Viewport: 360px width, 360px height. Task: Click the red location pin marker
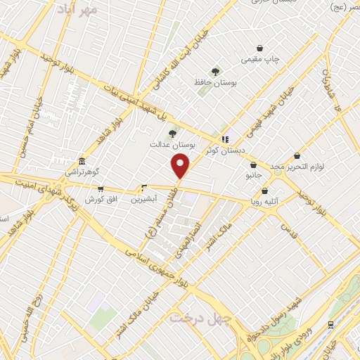181,166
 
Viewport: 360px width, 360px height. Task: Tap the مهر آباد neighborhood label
78,9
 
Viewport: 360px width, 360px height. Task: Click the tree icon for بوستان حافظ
215,70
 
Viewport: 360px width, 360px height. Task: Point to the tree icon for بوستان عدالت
171,133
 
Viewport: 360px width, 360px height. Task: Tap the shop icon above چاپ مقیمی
261,48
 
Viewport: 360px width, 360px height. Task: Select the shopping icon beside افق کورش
101,188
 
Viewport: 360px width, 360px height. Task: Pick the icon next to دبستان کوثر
225,139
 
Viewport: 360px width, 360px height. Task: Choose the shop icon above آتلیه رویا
264,191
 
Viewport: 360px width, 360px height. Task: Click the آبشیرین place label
144,199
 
